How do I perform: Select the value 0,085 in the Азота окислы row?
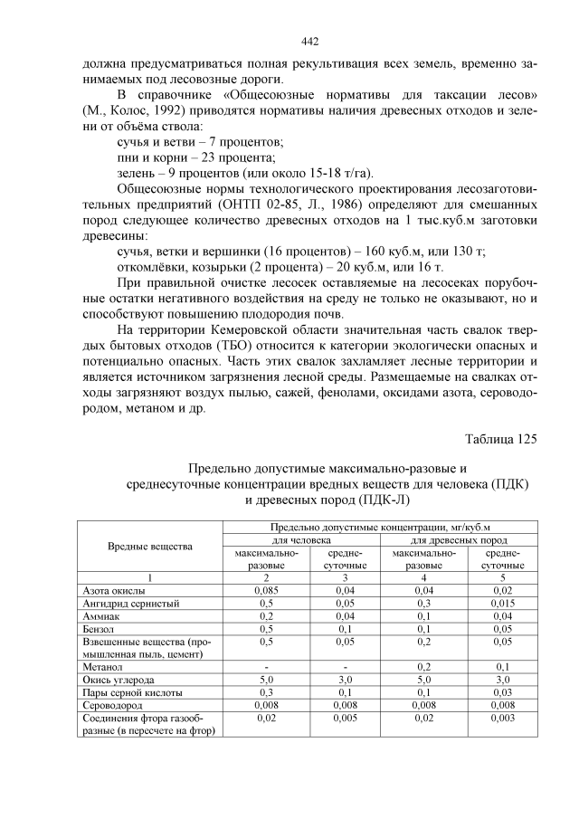[266, 589]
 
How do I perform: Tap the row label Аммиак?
[101, 614]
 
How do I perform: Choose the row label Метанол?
[103, 665]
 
